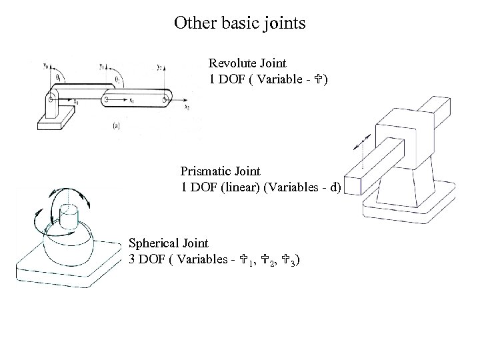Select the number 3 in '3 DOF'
click(x=132, y=260)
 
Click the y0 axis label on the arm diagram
click(x=45, y=65)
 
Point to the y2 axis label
click(x=160, y=66)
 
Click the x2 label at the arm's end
click(x=187, y=107)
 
